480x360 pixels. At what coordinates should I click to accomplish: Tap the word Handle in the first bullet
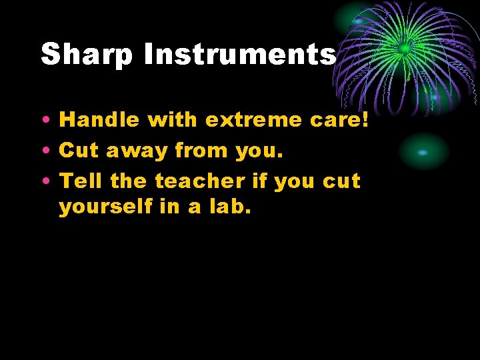[x=99, y=120]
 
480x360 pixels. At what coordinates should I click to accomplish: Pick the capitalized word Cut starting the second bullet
[x=77, y=151]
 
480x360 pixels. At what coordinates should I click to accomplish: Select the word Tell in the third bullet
[x=81, y=181]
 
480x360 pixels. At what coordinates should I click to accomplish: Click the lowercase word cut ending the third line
[x=341, y=181]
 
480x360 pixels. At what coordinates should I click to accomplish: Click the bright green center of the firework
[x=404, y=49]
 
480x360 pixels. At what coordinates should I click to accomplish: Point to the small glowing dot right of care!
[x=423, y=153]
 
